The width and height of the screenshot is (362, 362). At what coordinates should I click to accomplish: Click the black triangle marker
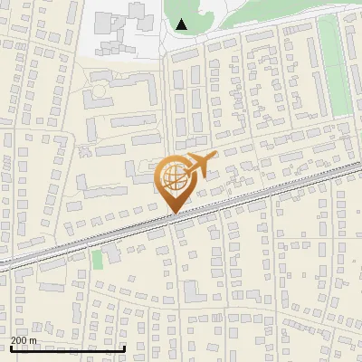[x=183, y=24]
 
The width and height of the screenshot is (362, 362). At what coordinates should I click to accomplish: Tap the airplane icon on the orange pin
[x=198, y=166]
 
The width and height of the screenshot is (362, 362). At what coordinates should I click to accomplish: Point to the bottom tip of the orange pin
[x=172, y=214]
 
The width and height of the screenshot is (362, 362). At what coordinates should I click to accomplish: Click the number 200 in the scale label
[x=19, y=340]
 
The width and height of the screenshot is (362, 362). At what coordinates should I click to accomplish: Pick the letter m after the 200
[x=33, y=340]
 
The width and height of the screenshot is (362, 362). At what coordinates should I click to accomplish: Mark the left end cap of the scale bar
[x=10, y=348]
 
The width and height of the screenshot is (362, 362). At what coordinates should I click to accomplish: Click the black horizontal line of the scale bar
[x=68, y=348]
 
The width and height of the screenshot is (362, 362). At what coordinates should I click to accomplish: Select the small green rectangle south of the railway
[x=97, y=260]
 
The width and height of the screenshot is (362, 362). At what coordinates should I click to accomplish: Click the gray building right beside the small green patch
[x=112, y=256]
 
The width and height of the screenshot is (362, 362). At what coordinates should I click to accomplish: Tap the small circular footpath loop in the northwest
[x=99, y=91]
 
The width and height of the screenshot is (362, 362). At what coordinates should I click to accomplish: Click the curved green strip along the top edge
[x=271, y=13]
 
